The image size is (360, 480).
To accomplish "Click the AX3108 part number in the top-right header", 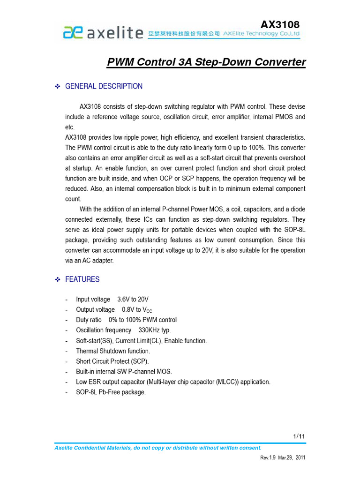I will (x=279, y=24).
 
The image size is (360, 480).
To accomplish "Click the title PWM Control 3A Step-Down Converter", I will (x=206, y=62).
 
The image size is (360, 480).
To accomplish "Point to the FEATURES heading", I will (x=82, y=279).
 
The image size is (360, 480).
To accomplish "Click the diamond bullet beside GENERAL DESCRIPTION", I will (x=58, y=86).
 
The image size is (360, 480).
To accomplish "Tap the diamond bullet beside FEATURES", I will (x=58, y=279).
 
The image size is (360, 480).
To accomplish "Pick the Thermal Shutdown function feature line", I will (x=113, y=351).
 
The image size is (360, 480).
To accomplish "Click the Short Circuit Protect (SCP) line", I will (x=112, y=361).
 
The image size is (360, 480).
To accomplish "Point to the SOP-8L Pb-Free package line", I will (x=111, y=392).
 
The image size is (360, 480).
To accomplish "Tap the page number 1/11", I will (x=299, y=436).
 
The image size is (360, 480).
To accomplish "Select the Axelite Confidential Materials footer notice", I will (x=157, y=448).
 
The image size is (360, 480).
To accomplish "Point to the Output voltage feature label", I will (x=95, y=309).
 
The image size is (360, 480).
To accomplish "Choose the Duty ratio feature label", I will (x=89, y=320).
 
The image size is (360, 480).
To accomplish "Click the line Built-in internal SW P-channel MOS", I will (x=124, y=371).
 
